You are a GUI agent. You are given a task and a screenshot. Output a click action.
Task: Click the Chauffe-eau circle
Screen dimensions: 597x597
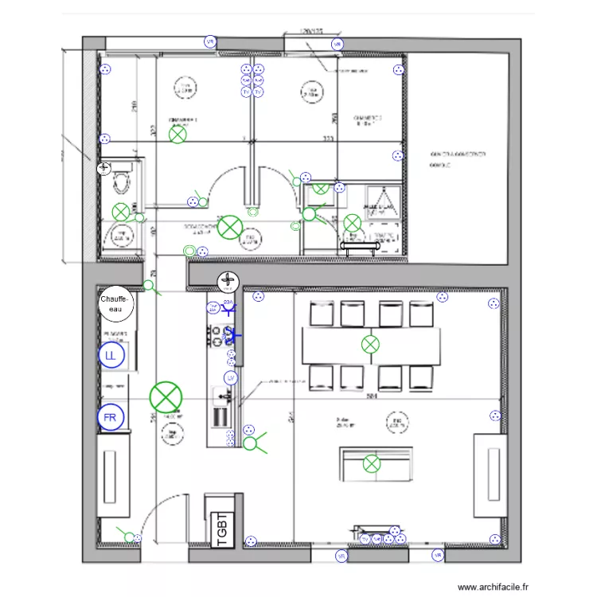(x=116, y=304)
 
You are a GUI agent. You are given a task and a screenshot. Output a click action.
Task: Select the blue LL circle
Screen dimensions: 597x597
(x=111, y=357)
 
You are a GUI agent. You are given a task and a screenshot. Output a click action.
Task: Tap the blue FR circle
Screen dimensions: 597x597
(x=111, y=416)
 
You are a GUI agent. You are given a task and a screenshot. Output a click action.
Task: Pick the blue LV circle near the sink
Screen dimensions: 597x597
(x=231, y=377)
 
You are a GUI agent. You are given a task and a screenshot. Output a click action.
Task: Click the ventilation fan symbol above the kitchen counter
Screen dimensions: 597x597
(x=228, y=280)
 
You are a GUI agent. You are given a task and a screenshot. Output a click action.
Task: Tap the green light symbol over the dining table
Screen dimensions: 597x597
(x=370, y=345)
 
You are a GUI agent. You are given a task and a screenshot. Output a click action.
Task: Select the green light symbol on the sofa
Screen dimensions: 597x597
(x=372, y=463)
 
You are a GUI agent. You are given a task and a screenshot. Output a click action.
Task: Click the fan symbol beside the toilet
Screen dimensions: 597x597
(x=103, y=168)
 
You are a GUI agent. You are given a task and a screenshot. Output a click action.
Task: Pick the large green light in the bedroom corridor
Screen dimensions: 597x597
(x=230, y=226)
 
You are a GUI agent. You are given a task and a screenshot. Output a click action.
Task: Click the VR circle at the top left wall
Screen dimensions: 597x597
(x=210, y=42)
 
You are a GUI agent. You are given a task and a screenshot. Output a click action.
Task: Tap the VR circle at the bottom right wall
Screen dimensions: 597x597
(x=436, y=556)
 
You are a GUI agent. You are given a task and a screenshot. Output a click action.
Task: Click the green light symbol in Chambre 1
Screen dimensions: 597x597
(x=178, y=135)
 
